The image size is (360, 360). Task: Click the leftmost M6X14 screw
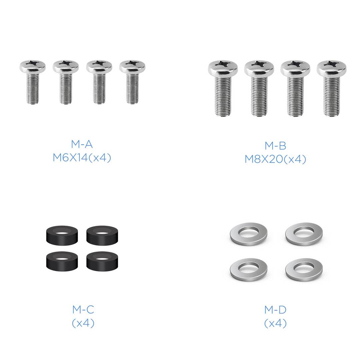coord(33,82)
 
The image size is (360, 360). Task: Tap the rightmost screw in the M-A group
coord(132,82)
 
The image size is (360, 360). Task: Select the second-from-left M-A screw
coord(66,82)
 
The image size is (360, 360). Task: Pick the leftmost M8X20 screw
coord(223,88)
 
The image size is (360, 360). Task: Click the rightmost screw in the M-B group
coord(332,88)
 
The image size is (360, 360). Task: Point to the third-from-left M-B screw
coord(295,88)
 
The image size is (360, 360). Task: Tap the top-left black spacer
coord(62,235)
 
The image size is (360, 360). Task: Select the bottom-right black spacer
coord(102,261)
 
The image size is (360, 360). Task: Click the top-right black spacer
coord(102,235)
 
